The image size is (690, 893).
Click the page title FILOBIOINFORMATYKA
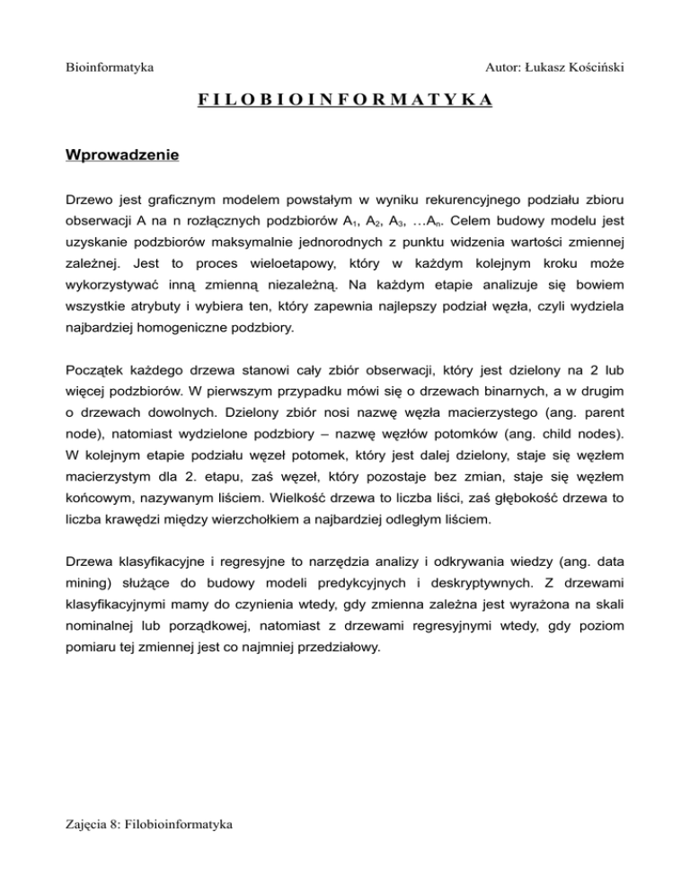[344, 99]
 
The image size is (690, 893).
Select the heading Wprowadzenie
[122, 155]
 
